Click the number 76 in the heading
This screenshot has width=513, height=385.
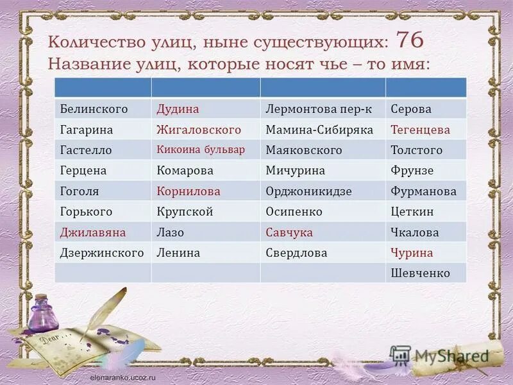[x=409, y=41]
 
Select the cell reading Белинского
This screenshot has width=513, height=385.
[x=94, y=109]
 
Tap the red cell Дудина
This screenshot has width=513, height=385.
[x=178, y=109]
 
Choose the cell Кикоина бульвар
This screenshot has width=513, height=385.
[x=201, y=150]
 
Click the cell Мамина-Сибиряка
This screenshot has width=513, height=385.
[x=319, y=130]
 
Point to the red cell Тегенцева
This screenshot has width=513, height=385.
[x=421, y=130]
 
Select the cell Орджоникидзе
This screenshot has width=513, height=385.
[x=309, y=191]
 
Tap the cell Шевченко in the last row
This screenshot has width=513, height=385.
[x=421, y=273]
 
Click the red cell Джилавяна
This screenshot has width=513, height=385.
[x=93, y=232]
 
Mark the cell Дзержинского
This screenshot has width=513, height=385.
[x=102, y=253]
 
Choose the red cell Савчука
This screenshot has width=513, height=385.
[x=289, y=232]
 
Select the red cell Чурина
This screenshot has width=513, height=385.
[x=412, y=253]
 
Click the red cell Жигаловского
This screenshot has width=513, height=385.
[x=199, y=130]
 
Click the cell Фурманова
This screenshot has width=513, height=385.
[x=423, y=191]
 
